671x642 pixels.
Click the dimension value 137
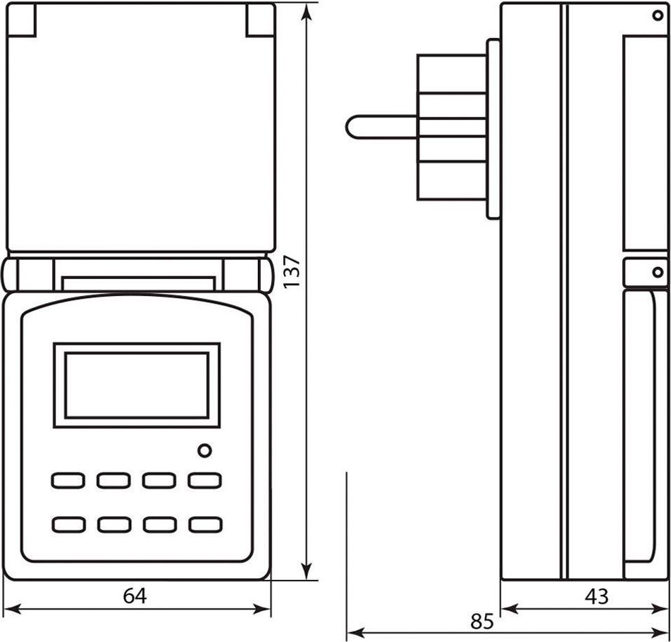[292, 272]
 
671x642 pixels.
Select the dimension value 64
[135, 595]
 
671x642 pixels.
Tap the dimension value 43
[596, 595]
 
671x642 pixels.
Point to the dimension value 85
[482, 622]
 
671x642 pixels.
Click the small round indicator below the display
[204, 451]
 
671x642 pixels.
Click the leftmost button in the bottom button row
[68, 525]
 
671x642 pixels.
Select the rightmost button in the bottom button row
[205, 525]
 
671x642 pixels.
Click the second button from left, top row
[113, 480]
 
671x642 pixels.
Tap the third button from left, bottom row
[159, 525]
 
